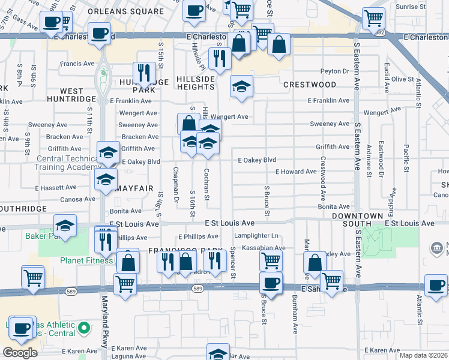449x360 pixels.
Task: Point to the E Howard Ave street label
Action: coord(296,172)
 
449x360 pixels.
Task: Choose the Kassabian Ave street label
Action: coord(264,248)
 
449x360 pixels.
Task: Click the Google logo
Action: coord(19,353)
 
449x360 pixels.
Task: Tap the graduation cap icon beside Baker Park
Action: coord(65,226)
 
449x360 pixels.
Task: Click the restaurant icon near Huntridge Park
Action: coord(144,73)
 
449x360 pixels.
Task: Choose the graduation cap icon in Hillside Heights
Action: coord(241,87)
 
